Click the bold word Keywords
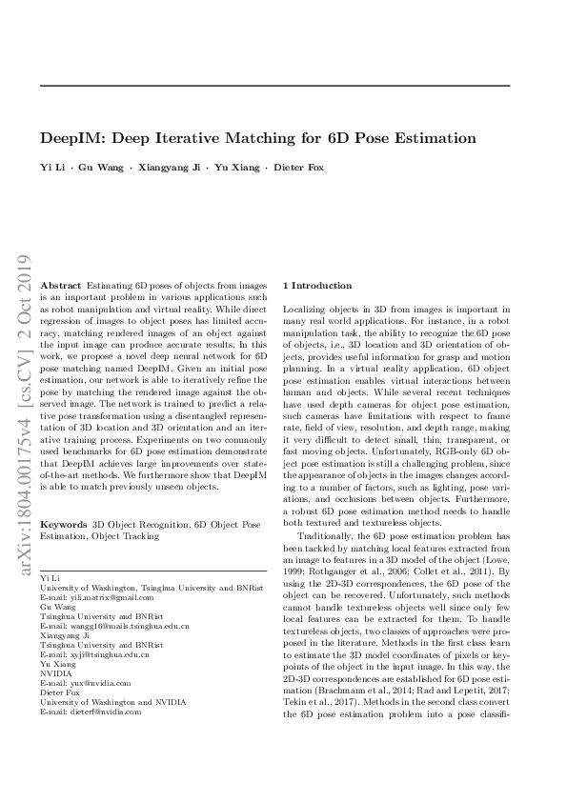[x=65, y=524]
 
